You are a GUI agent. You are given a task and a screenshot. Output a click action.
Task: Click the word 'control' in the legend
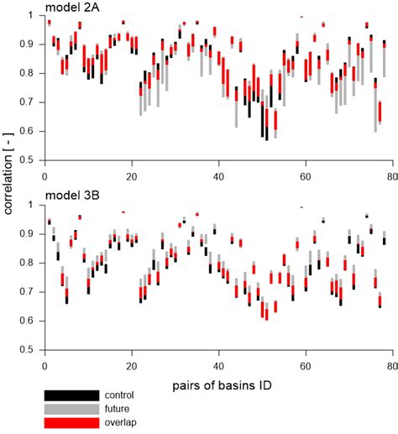pyautogui.click(x=118, y=395)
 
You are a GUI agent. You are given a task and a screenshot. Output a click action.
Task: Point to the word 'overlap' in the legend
pyautogui.click(x=118, y=421)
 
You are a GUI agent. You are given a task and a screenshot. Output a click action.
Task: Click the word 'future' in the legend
pyautogui.click(x=117, y=408)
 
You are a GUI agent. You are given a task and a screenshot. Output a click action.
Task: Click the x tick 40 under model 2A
pyautogui.click(x=218, y=177)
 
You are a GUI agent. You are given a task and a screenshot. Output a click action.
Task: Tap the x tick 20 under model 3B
pyautogui.click(x=131, y=367)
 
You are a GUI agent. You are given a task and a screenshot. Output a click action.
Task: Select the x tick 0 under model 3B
pyautogui.click(x=45, y=367)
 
